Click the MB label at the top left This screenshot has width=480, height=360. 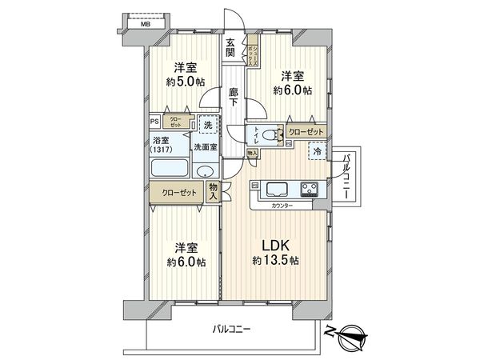pos(146,24)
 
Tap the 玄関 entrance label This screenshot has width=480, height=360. pos(231,47)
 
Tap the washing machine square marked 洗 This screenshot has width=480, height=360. pos(207,126)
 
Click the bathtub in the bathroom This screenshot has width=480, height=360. pos(169,170)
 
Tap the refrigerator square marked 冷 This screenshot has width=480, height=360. pos(318,150)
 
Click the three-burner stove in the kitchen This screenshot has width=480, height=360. pos(310,189)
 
